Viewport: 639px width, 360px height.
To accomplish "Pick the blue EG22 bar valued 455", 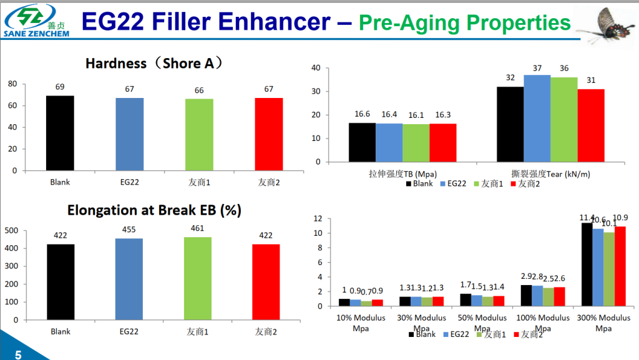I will pos(129,279).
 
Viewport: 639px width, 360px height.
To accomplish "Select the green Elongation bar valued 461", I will pos(199,278).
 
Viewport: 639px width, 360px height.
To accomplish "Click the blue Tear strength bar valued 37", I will pos(537,118).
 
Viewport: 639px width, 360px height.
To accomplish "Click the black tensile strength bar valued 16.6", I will pos(362,142).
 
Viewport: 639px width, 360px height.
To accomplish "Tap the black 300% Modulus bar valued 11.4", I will pos(587,265).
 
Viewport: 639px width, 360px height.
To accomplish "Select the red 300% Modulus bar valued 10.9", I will pos(620,266).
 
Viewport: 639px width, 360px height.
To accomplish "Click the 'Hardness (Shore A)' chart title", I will pos(154,64).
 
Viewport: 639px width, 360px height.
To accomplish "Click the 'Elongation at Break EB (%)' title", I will pos(154,211).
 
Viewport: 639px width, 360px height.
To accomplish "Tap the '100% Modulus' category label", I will pos(542,318).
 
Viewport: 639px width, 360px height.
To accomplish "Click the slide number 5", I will pos(18,355).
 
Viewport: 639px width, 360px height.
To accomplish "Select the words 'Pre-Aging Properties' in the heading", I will pos(464,23).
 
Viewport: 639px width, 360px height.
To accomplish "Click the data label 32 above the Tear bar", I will pos(510,78).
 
